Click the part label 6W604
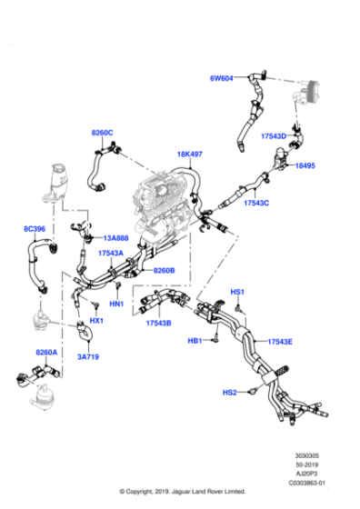[223, 78]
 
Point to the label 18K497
[190, 155]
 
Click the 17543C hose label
[256, 203]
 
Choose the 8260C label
[102, 134]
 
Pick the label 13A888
[115, 238]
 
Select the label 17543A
[111, 254]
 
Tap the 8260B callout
[164, 270]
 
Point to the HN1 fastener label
[116, 303]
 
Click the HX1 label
[96, 321]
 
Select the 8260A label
[46, 352]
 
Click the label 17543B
[159, 322]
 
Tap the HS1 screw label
[237, 292]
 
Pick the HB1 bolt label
[195, 341]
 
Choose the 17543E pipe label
[279, 342]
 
